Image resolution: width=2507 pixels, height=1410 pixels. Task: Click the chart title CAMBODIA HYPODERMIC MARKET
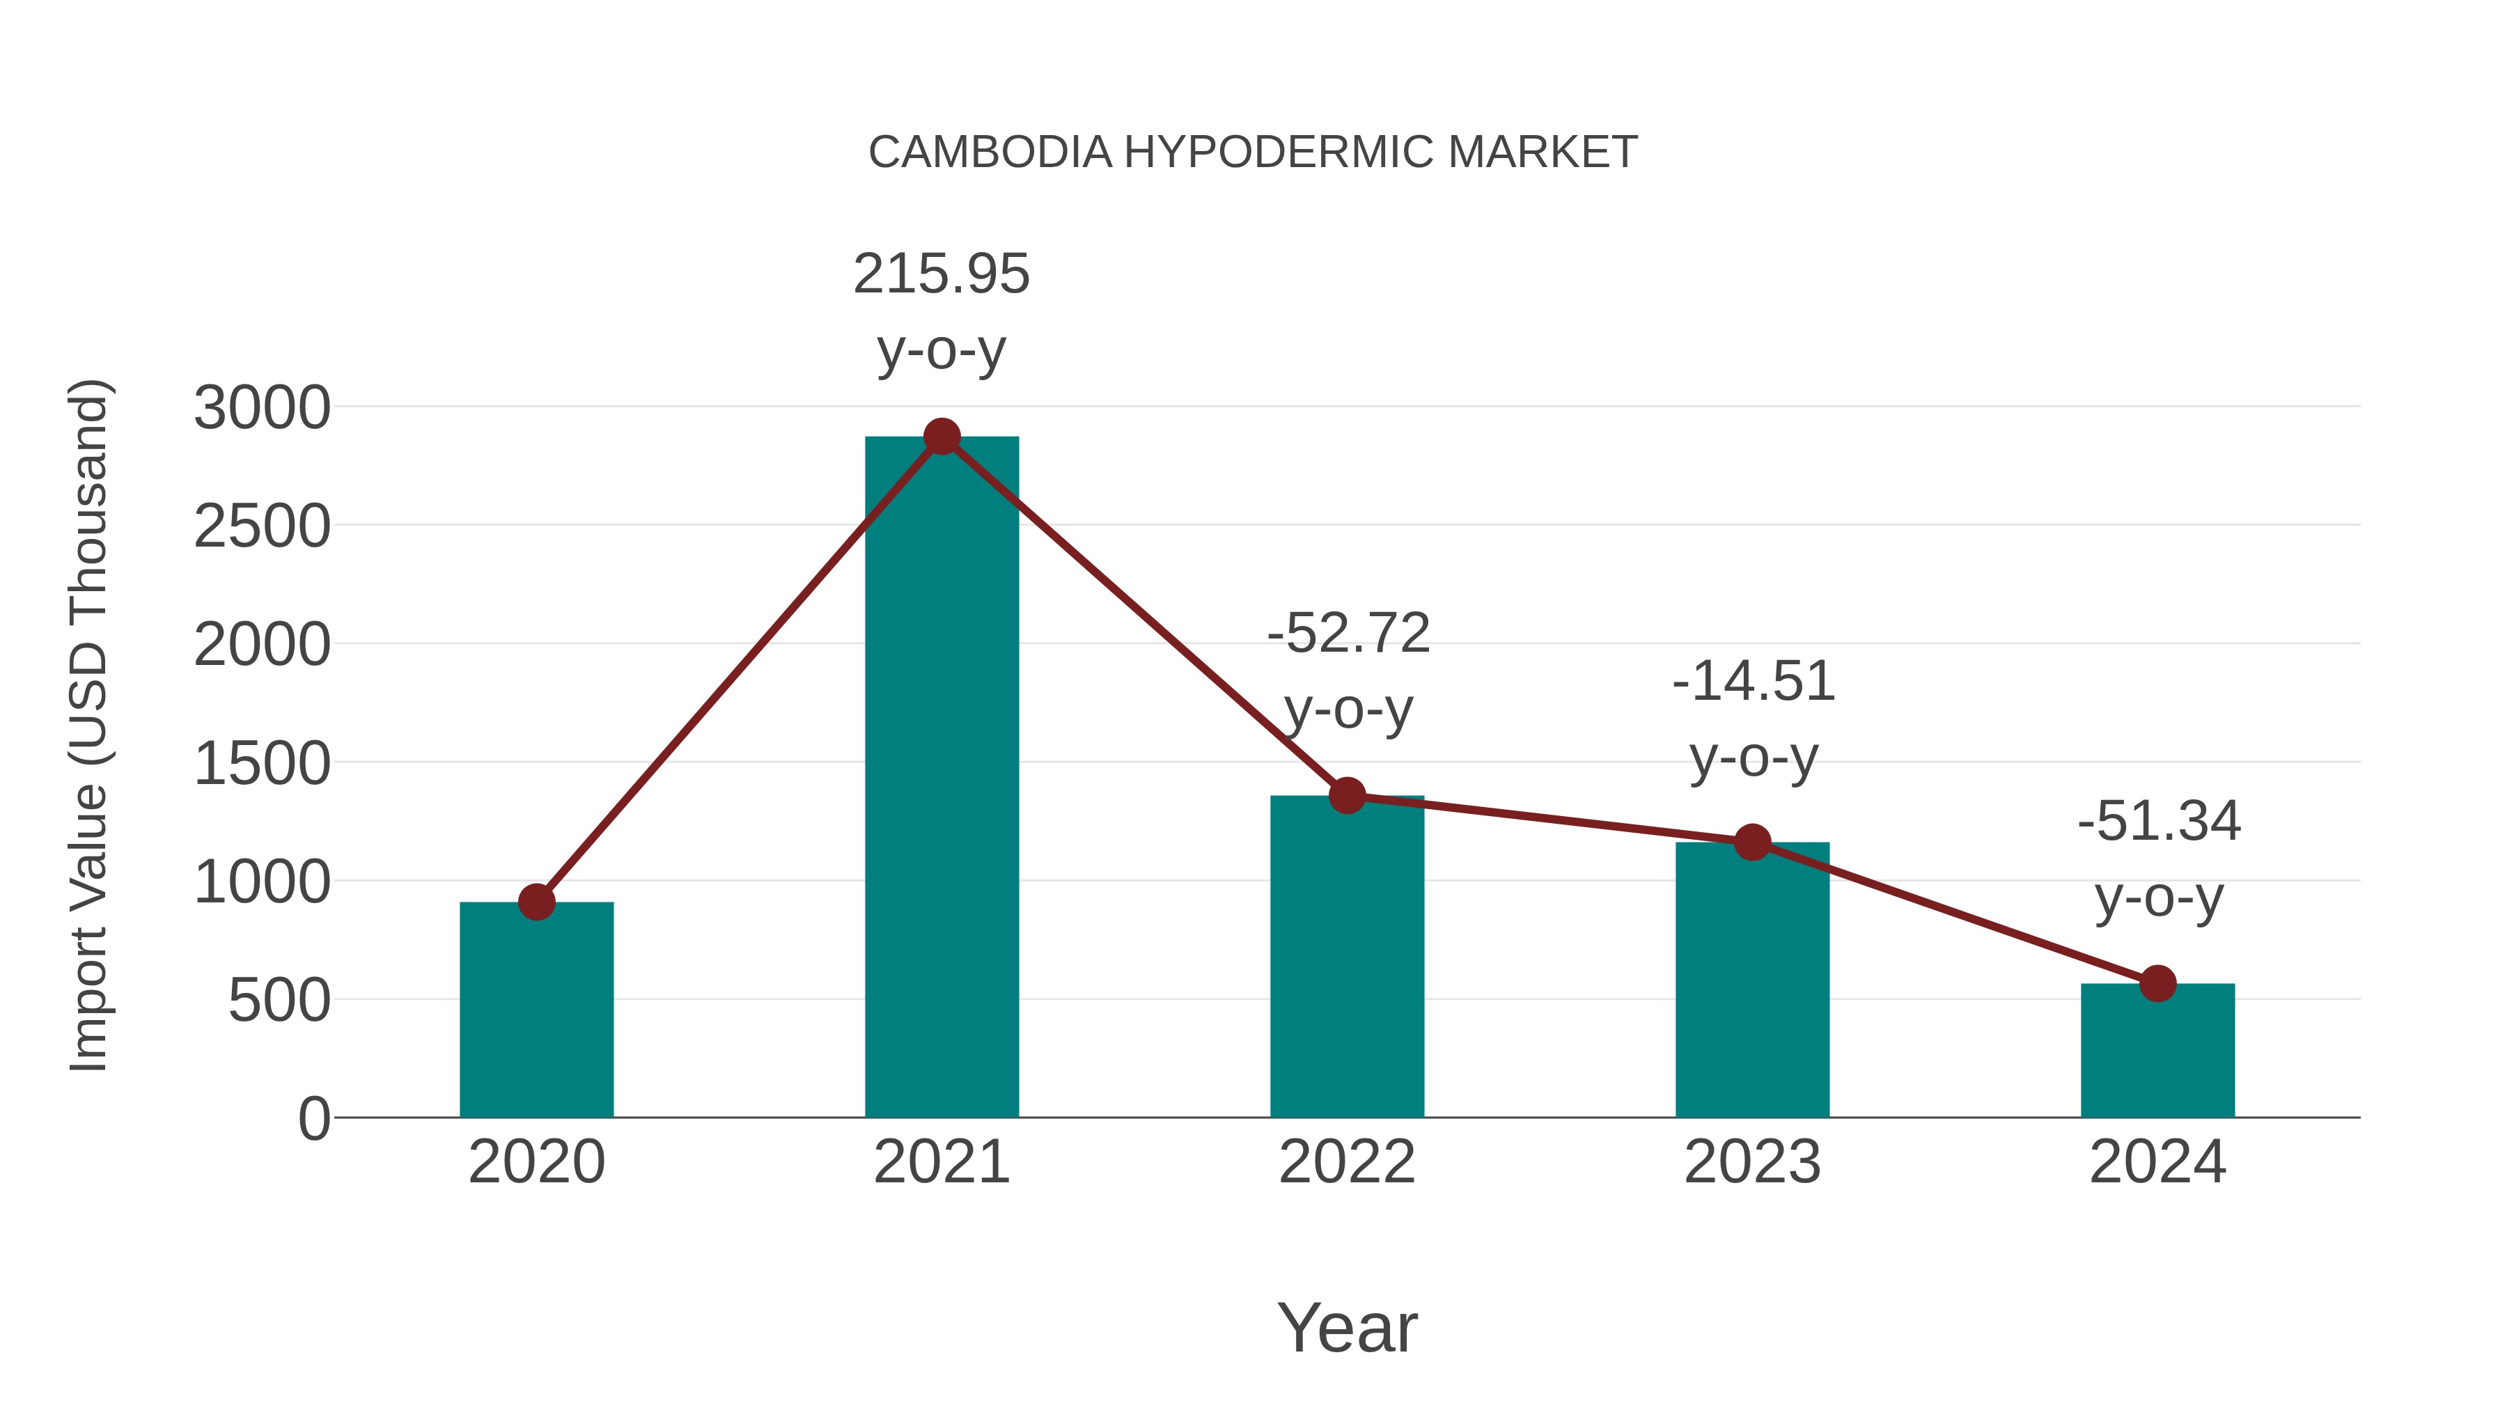1253,152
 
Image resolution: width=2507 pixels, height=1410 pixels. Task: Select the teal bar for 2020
536,1012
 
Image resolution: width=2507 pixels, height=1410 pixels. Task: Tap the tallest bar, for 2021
941,778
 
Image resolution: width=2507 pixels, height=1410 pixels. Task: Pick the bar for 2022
1347,959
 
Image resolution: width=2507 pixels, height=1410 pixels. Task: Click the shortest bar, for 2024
2157,1051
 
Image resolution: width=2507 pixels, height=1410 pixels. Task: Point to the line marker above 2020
536,902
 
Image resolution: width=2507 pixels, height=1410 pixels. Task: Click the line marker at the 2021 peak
941,437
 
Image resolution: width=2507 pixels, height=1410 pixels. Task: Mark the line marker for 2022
1347,795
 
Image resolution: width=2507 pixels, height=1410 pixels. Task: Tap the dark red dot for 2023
1752,843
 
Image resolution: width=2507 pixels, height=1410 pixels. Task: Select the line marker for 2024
2157,984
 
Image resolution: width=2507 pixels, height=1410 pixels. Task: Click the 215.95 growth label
941,274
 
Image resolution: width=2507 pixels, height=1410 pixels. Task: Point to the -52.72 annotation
1348,634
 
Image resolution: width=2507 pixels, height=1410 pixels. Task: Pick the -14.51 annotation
1753,681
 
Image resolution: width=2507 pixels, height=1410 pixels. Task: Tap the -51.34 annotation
2159,822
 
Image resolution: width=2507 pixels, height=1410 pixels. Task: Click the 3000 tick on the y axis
262,408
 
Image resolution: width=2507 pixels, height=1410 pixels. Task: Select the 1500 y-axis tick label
262,764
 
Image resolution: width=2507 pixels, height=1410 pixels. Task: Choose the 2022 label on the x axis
1347,1162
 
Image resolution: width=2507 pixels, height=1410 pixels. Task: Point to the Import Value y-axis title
88,725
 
